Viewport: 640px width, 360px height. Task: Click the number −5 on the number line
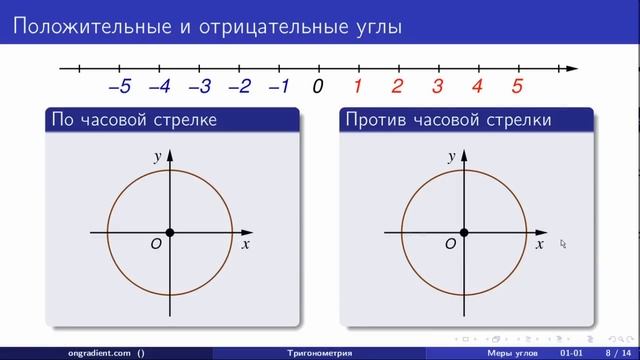click(119, 87)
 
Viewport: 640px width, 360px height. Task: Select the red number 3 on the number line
click(437, 87)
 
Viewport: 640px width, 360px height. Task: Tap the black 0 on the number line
click(318, 87)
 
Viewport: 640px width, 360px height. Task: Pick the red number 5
click(517, 87)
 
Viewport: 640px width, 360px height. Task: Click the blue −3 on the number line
click(199, 87)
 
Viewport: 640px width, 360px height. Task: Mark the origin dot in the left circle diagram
click(170, 233)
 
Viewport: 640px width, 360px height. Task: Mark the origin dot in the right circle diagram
click(464, 233)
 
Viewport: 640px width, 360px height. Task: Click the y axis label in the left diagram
click(158, 157)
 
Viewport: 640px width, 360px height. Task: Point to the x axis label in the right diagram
click(539, 244)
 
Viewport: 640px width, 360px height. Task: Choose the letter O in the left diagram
click(156, 244)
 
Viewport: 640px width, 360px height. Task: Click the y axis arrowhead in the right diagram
click(464, 154)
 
